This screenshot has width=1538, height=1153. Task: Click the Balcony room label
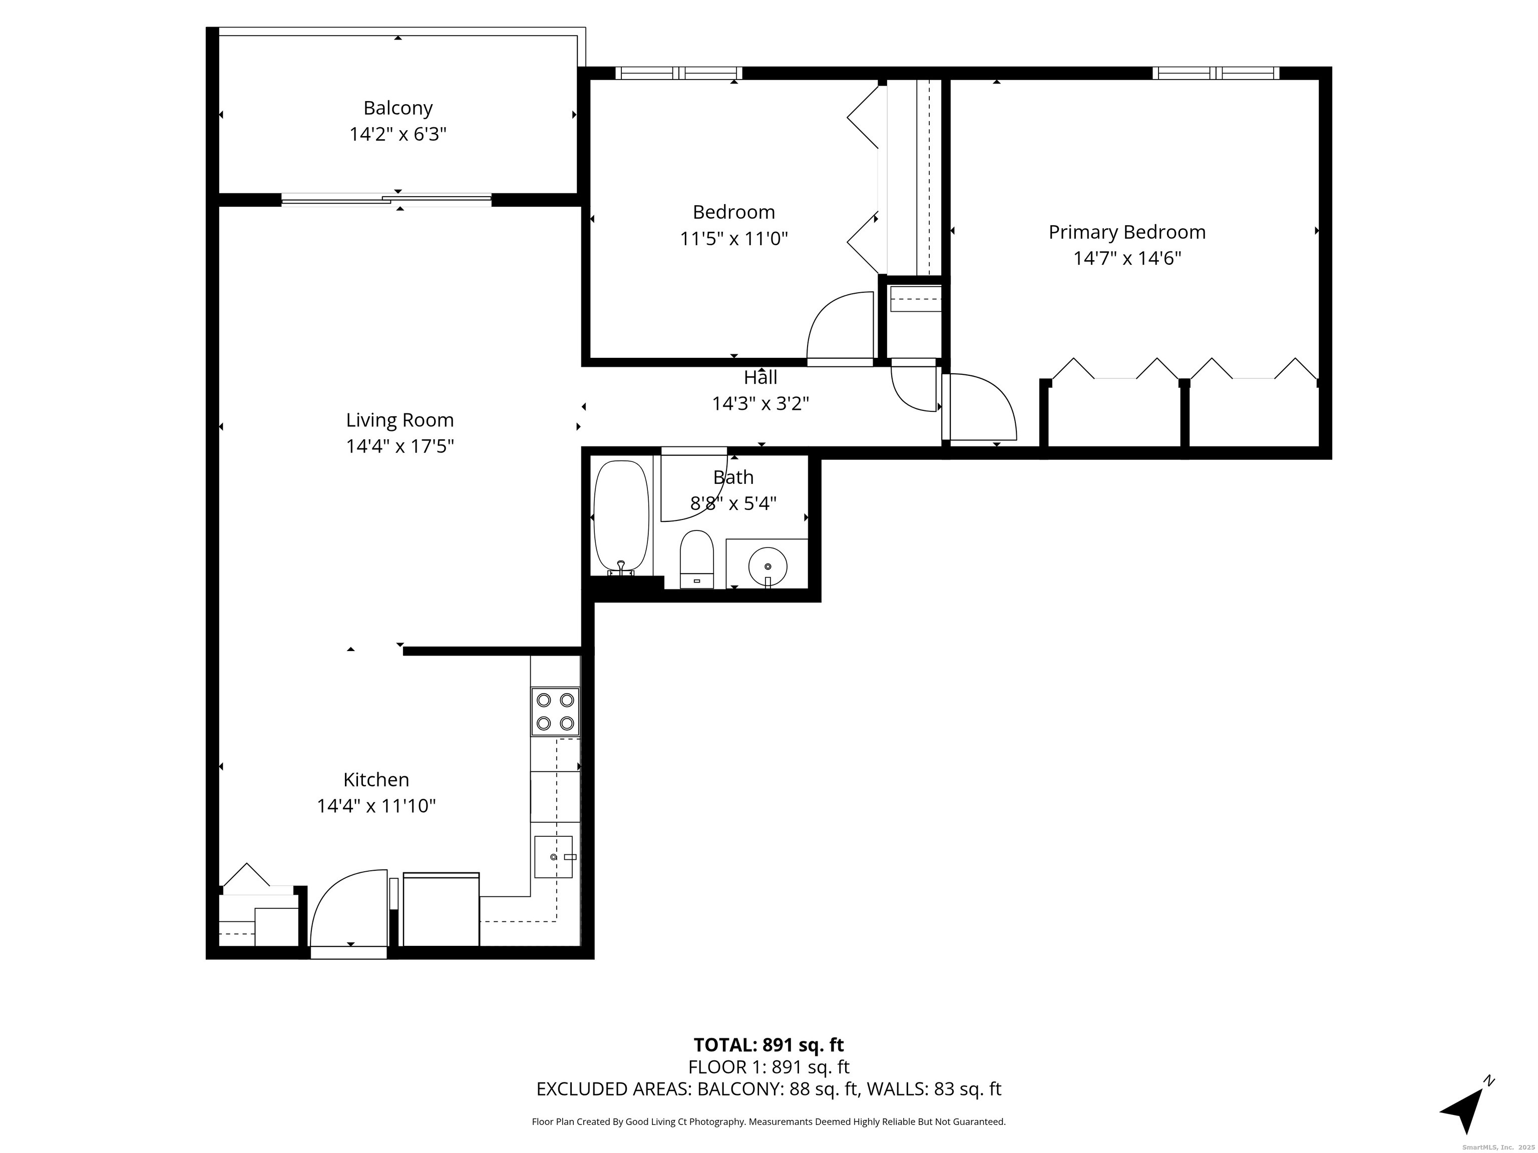(x=398, y=109)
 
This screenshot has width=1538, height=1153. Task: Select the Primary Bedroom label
(x=1127, y=232)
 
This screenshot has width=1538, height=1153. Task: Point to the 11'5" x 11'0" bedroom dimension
(x=733, y=239)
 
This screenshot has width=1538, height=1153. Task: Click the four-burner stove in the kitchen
(x=555, y=711)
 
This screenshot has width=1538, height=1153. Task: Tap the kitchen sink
(x=553, y=857)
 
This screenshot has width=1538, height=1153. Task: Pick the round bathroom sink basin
(x=767, y=567)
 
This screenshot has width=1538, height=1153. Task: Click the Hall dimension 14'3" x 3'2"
(x=760, y=403)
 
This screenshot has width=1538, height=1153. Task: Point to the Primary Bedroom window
(x=1216, y=73)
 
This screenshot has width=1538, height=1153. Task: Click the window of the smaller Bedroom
(x=678, y=73)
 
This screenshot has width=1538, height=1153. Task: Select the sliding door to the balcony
(x=387, y=200)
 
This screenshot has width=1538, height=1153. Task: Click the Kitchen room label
(x=376, y=780)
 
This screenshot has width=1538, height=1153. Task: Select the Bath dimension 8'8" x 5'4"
(x=733, y=503)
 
